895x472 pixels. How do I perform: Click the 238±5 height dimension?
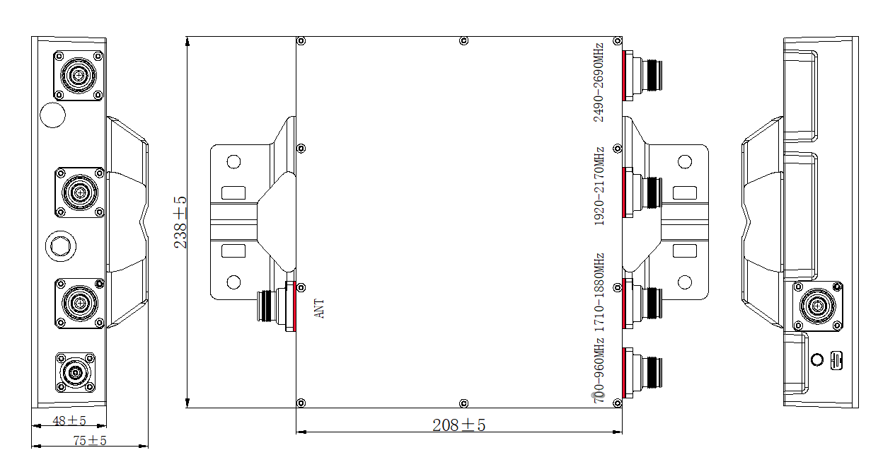click(x=181, y=222)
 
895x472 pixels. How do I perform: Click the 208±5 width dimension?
click(x=458, y=425)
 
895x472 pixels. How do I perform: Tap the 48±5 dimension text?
click(x=69, y=421)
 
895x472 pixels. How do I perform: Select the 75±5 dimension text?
click(x=90, y=441)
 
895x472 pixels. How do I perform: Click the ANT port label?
click(x=320, y=308)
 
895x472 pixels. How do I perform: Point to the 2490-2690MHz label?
click(x=599, y=82)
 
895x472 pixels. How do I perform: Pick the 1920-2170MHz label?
click(x=599, y=185)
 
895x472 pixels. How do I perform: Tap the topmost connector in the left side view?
click(x=79, y=74)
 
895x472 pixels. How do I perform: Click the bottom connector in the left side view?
click(x=75, y=372)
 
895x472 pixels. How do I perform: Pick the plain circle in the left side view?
click(x=52, y=115)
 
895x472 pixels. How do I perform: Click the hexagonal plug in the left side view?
click(x=59, y=246)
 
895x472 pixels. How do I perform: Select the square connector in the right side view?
click(x=817, y=306)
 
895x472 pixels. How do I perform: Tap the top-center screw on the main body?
click(x=463, y=40)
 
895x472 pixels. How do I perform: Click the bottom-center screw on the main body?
click(x=463, y=403)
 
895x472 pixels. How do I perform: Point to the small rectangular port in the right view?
click(x=836, y=360)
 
